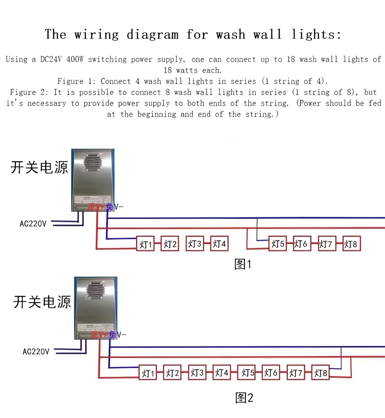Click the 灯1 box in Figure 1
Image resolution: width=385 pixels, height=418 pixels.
click(145, 244)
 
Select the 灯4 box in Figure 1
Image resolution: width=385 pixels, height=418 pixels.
click(219, 244)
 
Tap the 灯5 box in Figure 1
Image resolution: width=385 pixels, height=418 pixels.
click(278, 244)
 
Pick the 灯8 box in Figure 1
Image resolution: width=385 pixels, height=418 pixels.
click(351, 244)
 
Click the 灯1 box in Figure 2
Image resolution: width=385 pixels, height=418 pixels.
click(148, 373)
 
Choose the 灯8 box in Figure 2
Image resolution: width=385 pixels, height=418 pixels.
click(320, 373)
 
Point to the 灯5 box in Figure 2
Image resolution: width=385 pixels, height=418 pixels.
click(246, 373)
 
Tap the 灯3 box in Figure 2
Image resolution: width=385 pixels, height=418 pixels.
click(197, 373)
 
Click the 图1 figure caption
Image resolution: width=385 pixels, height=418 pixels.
click(243, 264)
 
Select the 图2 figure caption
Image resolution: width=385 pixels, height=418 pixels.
click(244, 398)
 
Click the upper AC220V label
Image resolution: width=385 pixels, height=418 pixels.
click(33, 224)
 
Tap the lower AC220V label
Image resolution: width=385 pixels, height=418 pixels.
click(36, 352)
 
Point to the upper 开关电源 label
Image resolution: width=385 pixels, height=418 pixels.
click(39, 167)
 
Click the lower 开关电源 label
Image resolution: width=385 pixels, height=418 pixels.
click(42, 302)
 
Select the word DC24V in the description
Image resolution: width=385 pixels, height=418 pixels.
click(51, 59)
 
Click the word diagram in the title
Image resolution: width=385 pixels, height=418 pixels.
click(152, 34)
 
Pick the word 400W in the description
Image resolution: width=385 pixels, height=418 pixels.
click(75, 59)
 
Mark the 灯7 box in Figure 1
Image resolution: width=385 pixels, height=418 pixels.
click(327, 244)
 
